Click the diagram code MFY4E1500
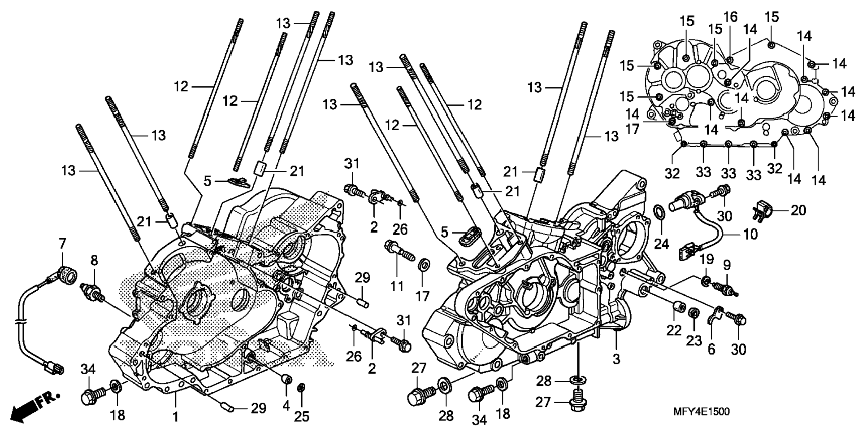coord(701,411)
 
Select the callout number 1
coord(176,416)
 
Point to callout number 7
coord(62,244)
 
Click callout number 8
coord(94,261)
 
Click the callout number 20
coord(798,210)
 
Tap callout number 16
coord(730,17)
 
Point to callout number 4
coord(286,406)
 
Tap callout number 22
coord(674,330)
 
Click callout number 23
coord(694,341)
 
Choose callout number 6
coord(711,349)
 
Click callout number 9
coord(727,265)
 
